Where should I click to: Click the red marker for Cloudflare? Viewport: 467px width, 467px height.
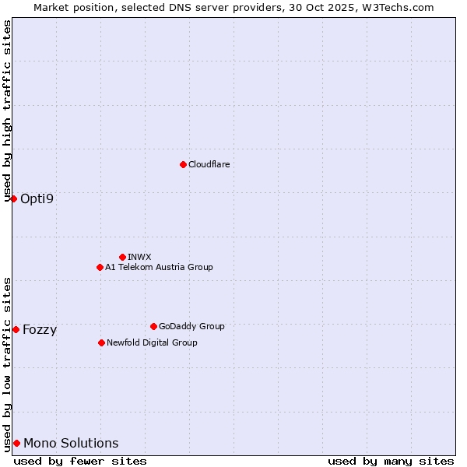(x=183, y=164)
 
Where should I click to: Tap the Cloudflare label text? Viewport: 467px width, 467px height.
(x=209, y=164)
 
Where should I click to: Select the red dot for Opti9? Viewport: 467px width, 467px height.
(x=13, y=198)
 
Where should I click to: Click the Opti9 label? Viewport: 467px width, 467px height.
(x=37, y=198)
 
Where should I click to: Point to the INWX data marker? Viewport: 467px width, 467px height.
(x=122, y=257)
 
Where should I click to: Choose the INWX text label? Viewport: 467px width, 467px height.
(x=139, y=257)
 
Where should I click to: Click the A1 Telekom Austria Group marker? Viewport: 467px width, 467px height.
(x=100, y=267)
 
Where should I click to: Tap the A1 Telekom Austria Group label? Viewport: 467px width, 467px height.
(x=159, y=267)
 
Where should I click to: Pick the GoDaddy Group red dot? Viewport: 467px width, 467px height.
(x=153, y=326)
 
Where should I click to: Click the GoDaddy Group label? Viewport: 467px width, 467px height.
(x=191, y=326)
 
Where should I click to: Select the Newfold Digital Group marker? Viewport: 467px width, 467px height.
(x=101, y=342)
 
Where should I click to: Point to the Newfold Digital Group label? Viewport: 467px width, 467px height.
(x=152, y=342)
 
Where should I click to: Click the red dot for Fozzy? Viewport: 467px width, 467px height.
(x=16, y=329)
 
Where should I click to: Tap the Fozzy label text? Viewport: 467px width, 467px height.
(x=40, y=329)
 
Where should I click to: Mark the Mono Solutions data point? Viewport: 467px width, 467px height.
(x=16, y=443)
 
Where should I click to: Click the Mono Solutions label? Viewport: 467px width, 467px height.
(x=71, y=444)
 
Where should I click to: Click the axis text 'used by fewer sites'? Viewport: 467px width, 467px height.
(x=80, y=461)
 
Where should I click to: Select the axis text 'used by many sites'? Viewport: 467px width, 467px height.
(x=391, y=461)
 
